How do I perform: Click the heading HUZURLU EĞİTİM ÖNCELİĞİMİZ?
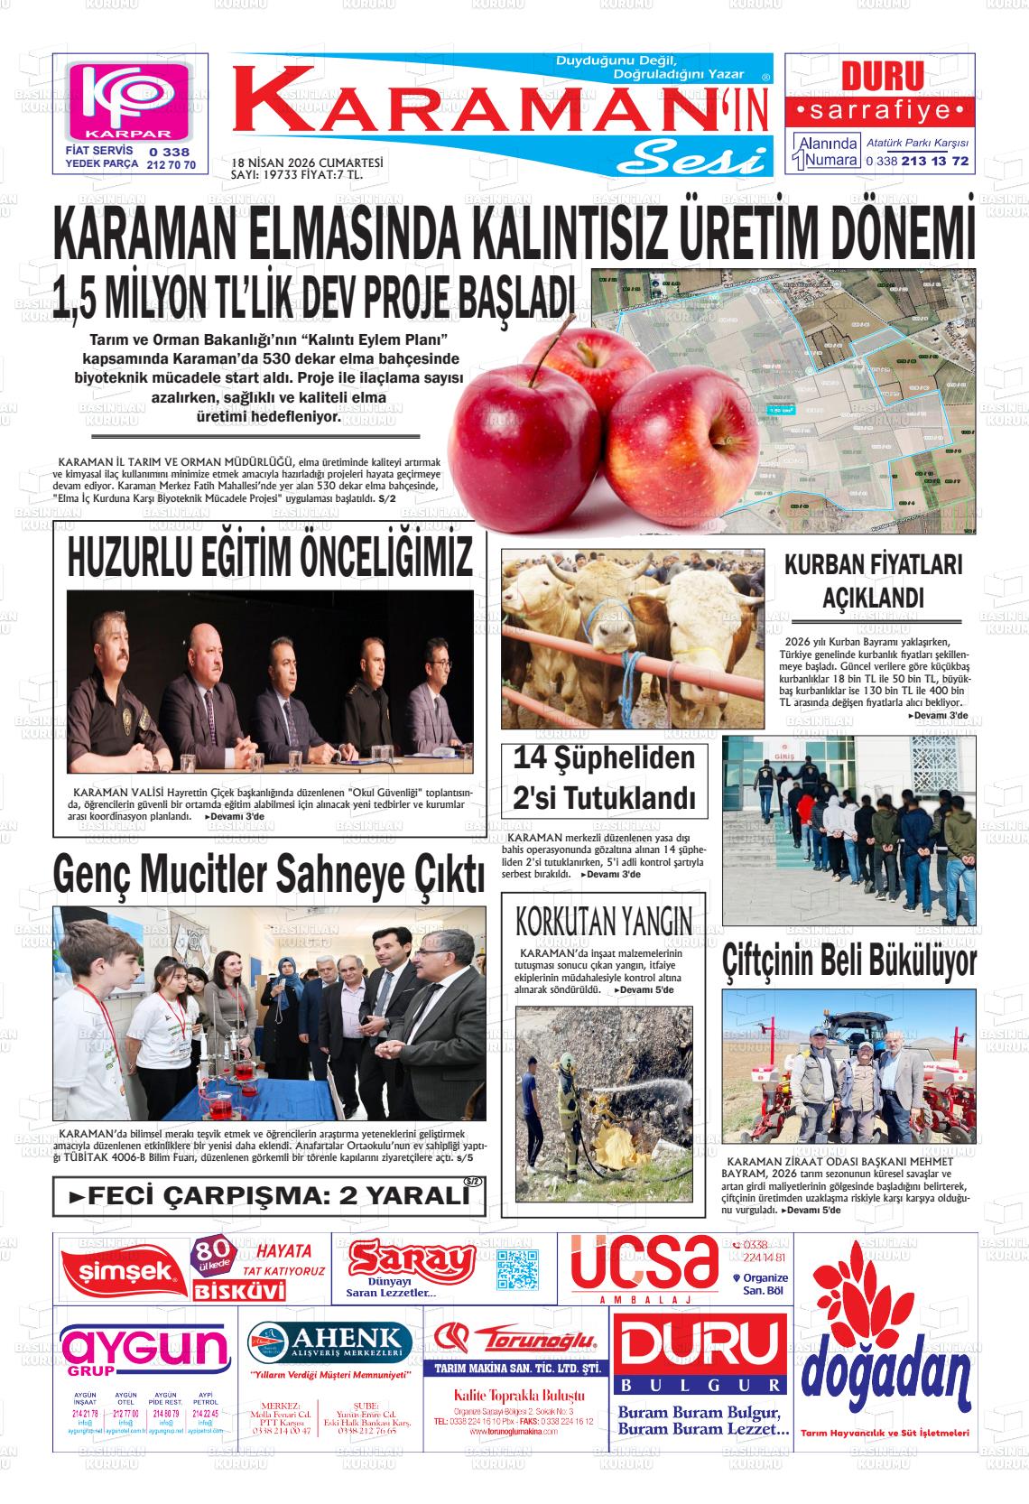(x=270, y=557)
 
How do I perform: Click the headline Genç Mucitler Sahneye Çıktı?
(x=269, y=873)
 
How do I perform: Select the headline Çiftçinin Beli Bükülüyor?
(x=848, y=960)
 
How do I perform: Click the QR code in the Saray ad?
(x=517, y=1268)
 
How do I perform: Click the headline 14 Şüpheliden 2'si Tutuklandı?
(x=603, y=779)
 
